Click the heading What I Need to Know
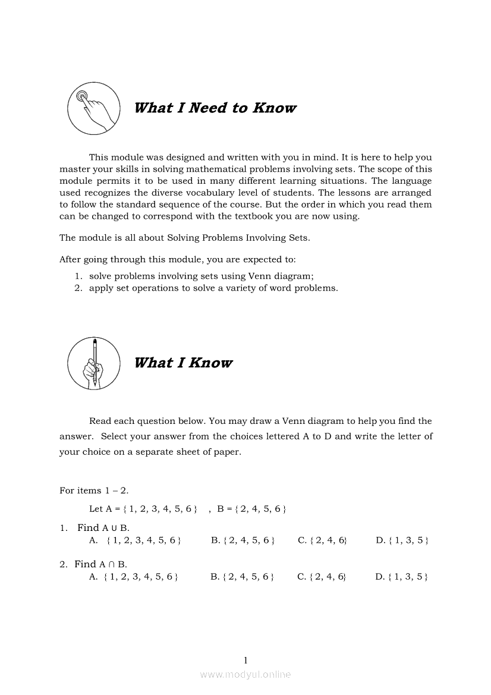point(215,108)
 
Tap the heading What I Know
point(183,363)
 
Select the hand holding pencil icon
point(93,363)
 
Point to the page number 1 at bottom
point(245,660)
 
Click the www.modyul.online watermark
point(245,674)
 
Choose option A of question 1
point(135,540)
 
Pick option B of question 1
point(243,540)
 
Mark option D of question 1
point(402,540)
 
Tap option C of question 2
point(322,577)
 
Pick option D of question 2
point(402,577)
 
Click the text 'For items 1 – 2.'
point(94,490)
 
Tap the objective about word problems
point(212,288)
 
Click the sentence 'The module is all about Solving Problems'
point(184,238)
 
